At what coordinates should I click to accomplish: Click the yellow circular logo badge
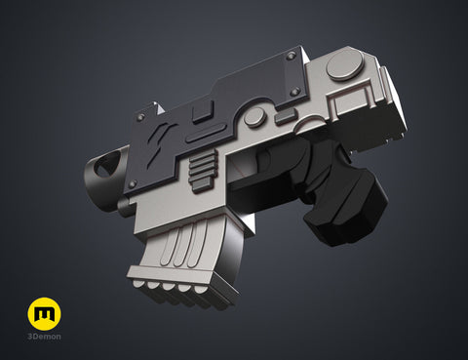coord(44,314)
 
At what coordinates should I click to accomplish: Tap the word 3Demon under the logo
coord(44,337)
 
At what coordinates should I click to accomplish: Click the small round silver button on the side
coord(255,117)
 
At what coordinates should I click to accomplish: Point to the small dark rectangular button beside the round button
coord(287,117)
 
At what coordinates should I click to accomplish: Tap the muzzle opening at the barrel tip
coord(106,166)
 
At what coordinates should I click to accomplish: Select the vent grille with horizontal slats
coord(204,172)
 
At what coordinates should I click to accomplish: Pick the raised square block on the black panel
coord(204,111)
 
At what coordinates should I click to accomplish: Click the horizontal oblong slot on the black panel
coord(206,134)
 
